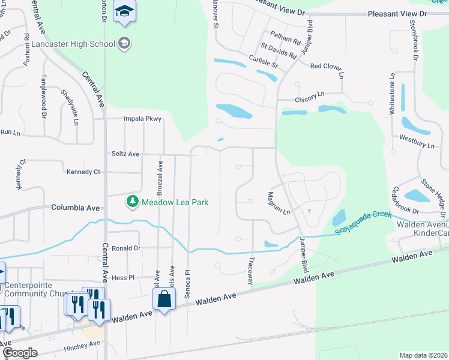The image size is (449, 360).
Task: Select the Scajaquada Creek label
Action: coord(364,221)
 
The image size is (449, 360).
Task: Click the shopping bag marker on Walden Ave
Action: coord(164,298)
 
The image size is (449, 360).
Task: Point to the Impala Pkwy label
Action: coord(143,119)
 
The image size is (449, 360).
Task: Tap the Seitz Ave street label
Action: coord(125,154)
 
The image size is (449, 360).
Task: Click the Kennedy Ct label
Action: coord(84,172)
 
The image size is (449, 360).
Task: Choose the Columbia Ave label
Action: coord(75,208)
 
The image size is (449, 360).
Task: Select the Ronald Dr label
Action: coord(125,248)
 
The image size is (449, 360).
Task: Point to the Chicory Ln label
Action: coord(309,95)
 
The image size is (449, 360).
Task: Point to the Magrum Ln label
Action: coord(277,203)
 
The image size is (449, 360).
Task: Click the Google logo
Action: coord(20,353)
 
